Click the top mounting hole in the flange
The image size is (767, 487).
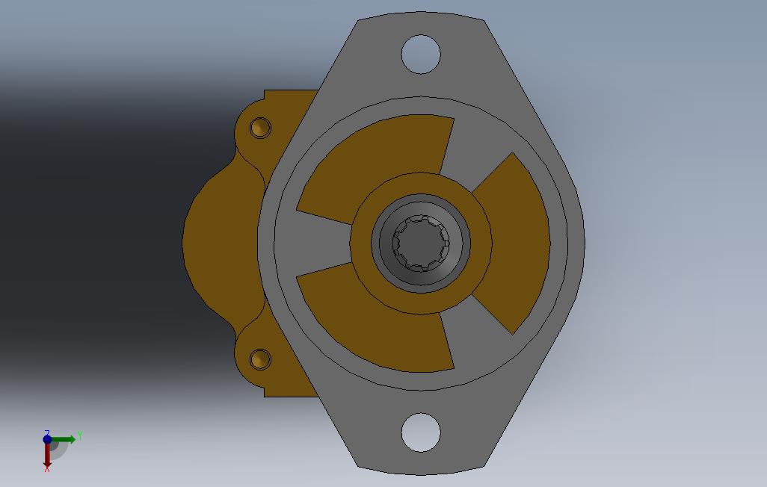[x=421, y=54]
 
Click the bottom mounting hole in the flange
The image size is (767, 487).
[x=421, y=432]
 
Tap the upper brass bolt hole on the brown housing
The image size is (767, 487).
[x=260, y=127]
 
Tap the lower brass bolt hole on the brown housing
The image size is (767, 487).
[x=260, y=359]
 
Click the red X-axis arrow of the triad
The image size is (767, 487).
[x=47, y=455]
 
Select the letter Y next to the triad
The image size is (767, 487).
[x=79, y=435]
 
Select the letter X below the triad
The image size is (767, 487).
[x=47, y=468]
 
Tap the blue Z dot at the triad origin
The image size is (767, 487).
[x=47, y=439]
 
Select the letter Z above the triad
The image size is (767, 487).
[x=46, y=432]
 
